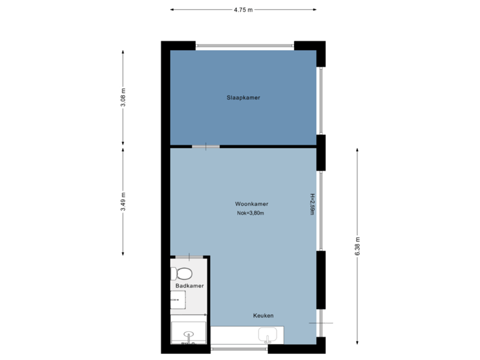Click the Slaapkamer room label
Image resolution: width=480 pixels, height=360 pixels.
[243, 97]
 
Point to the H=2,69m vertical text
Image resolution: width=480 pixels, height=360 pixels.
[311, 205]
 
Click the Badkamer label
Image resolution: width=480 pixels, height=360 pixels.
[189, 286]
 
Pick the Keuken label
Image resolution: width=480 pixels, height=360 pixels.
[263, 315]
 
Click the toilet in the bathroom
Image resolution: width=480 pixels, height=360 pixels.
[181, 273]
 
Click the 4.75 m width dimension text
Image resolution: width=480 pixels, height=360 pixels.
[243, 10]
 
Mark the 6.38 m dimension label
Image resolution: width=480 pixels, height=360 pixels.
[357, 247]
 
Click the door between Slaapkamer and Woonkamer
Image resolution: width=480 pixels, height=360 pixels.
[205, 146]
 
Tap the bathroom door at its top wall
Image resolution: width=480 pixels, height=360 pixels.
[190, 257]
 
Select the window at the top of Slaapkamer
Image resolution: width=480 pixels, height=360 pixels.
[245, 45]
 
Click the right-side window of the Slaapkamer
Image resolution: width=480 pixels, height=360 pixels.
[321, 100]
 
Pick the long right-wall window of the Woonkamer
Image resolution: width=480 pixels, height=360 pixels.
[321, 211]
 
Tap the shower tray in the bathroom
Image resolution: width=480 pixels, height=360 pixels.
[189, 333]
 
